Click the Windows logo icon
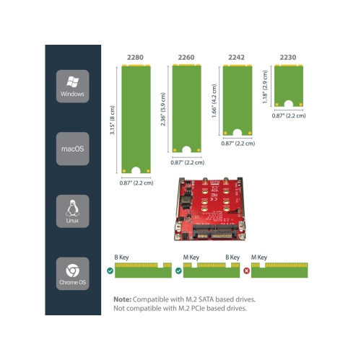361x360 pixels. (x=72, y=81)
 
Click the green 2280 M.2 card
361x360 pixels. (x=135, y=119)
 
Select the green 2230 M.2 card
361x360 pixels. (x=288, y=85)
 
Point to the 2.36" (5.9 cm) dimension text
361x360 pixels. (x=162, y=109)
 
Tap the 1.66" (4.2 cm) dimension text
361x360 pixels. (x=214, y=98)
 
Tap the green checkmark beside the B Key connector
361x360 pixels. (x=109, y=271)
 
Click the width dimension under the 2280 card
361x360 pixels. (x=136, y=183)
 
